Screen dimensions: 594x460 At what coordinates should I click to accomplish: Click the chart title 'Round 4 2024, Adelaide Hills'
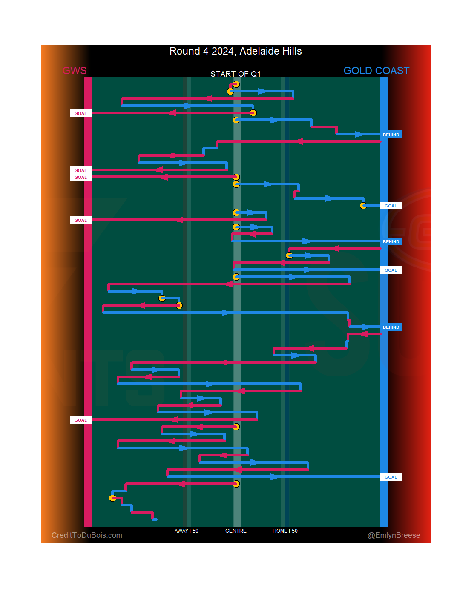[236, 52]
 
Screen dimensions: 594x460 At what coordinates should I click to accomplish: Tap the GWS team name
[75, 71]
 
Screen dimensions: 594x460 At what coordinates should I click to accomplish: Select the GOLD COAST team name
[376, 71]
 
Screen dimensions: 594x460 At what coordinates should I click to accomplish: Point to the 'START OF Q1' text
[235, 74]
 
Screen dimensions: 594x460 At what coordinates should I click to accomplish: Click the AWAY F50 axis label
[186, 531]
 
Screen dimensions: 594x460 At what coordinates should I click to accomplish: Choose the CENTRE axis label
[236, 531]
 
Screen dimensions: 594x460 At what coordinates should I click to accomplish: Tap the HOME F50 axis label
[285, 531]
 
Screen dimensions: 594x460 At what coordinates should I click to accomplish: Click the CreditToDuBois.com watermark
[87, 535]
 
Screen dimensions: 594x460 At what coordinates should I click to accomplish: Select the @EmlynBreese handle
[394, 535]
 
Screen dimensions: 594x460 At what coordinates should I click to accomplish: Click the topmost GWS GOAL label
[80, 113]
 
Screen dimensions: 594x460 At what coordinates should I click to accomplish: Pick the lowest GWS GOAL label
[80, 420]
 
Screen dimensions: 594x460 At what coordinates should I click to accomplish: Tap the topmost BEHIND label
[391, 135]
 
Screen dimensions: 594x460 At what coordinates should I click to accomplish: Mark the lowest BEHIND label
[391, 327]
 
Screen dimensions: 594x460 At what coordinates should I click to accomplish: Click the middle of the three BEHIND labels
[391, 241]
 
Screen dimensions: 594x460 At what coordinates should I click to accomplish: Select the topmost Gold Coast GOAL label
[391, 206]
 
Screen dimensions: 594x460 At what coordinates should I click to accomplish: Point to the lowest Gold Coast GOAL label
[391, 477]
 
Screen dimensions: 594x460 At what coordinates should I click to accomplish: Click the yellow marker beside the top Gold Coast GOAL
[363, 206]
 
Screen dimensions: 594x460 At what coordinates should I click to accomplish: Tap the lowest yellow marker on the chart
[113, 498]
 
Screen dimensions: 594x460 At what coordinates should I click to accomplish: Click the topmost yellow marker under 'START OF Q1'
[236, 84]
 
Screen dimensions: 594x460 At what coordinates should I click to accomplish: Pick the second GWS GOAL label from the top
[80, 170]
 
